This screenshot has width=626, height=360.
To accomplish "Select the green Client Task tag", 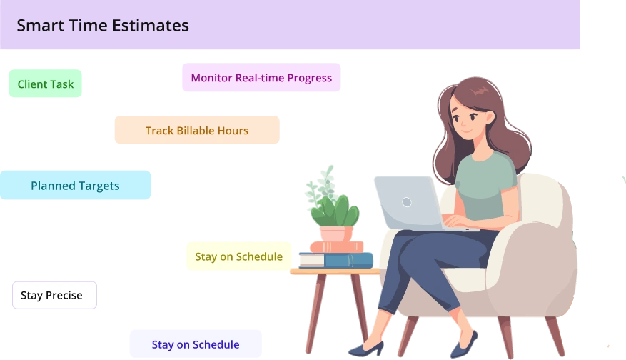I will click(46, 84).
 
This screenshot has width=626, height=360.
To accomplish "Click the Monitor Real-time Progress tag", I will click(261, 78).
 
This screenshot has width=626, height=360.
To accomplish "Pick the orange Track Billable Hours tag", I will click(197, 131).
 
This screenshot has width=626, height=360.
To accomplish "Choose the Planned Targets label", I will click(75, 186).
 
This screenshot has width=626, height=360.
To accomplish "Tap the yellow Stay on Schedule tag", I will click(238, 256).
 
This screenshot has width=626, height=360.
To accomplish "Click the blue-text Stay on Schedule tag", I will click(195, 344).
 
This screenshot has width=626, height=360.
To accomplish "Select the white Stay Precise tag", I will click(51, 295).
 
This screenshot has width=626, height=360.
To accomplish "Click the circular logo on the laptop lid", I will click(407, 202).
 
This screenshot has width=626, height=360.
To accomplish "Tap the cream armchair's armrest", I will click(528, 243).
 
